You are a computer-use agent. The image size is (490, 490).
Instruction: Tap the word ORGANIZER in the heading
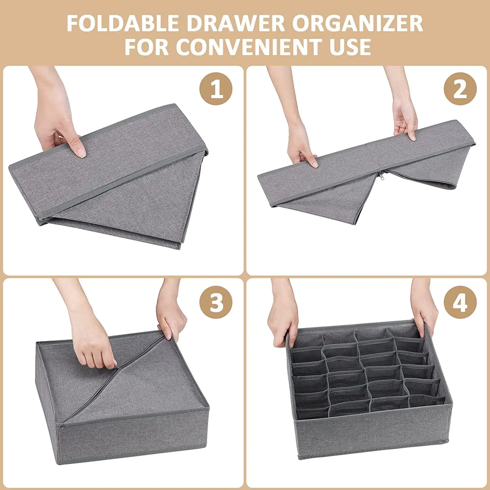click(357, 24)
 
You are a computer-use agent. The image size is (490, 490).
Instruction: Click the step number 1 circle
click(216, 89)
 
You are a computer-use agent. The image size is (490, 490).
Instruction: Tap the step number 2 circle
click(460, 89)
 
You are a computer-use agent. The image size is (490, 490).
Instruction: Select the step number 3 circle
click(216, 302)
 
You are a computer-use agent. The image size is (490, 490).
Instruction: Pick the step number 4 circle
click(460, 302)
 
